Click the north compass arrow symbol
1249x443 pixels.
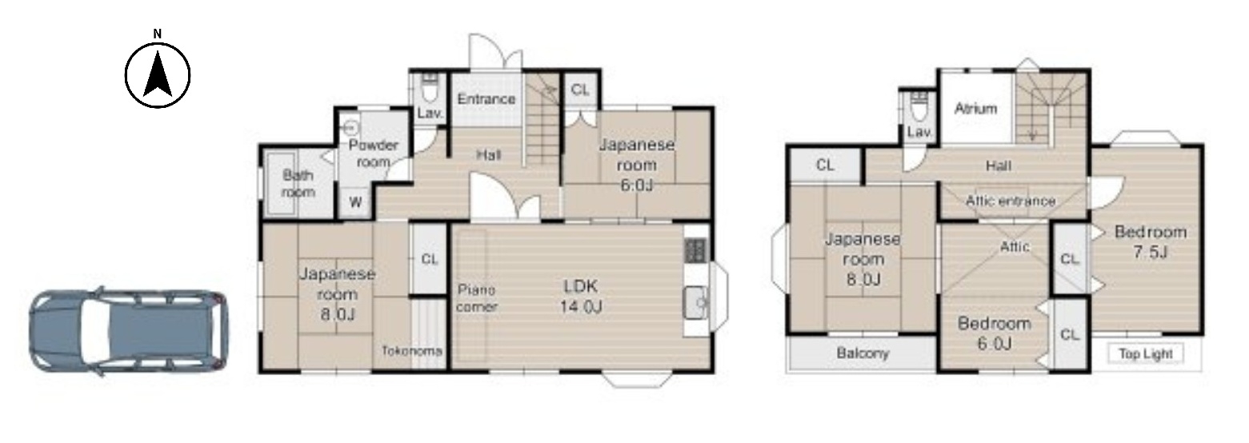(x=158, y=74)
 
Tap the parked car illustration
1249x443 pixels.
(x=129, y=331)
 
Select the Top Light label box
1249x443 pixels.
(x=1145, y=354)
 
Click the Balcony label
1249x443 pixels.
(x=863, y=353)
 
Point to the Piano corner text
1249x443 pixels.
(x=477, y=298)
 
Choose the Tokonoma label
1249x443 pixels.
(x=412, y=351)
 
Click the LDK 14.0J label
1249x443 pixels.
(x=581, y=297)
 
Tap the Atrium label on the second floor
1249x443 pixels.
(x=975, y=108)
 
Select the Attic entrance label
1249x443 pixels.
(x=1011, y=201)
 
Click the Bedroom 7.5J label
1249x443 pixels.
(x=1151, y=241)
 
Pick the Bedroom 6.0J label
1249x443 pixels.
(x=995, y=333)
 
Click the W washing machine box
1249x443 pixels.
(x=356, y=202)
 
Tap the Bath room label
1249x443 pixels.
(x=298, y=184)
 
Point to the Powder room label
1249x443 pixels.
(x=373, y=154)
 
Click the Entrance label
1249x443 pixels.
(x=486, y=99)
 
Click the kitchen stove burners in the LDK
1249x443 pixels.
(x=695, y=251)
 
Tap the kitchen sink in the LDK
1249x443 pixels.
(x=695, y=302)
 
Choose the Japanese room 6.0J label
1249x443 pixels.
(x=637, y=165)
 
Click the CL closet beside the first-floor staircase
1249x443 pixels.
(x=580, y=90)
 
